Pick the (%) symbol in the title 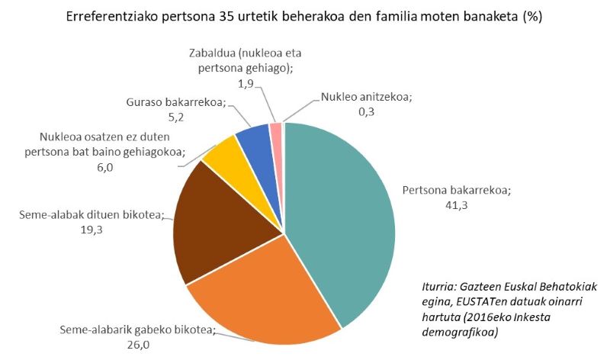click(x=531, y=17)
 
